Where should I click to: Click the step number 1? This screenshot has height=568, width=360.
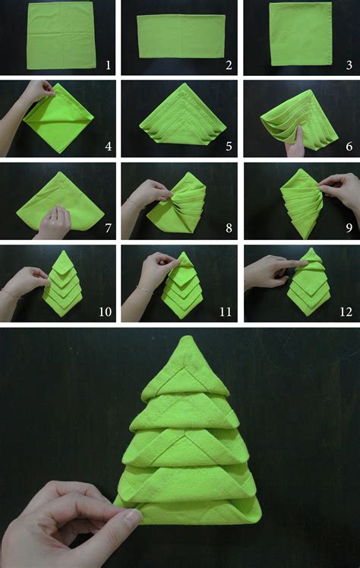(x=108, y=65)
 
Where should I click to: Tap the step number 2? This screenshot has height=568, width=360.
(x=228, y=65)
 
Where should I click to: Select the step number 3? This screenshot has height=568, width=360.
(x=349, y=65)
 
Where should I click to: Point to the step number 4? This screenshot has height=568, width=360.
(x=108, y=146)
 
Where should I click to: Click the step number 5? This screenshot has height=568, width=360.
(x=228, y=146)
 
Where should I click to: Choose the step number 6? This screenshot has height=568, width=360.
(x=349, y=146)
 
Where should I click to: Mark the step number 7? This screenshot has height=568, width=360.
(x=108, y=228)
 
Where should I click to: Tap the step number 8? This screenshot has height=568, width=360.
(x=228, y=228)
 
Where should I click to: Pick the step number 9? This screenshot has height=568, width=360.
(x=349, y=228)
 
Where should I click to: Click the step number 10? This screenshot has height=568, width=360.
(x=106, y=311)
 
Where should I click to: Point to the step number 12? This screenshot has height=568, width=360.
(x=346, y=311)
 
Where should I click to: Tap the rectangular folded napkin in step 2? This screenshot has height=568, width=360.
(x=181, y=36)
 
